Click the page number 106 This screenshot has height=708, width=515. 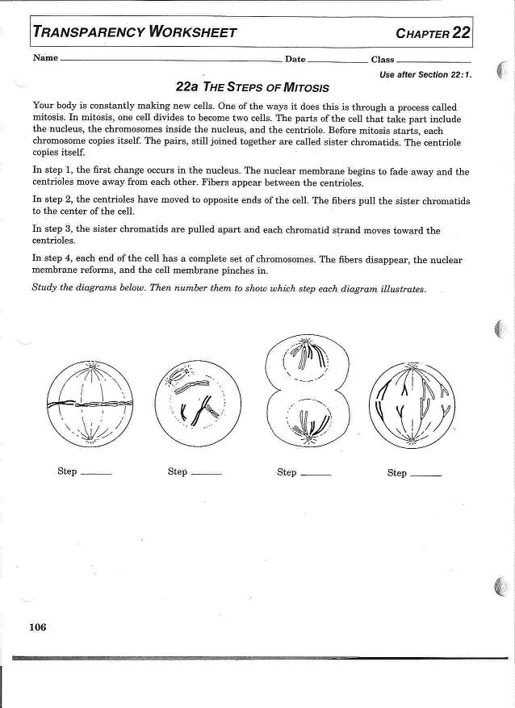37,627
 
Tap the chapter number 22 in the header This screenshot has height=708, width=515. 461,32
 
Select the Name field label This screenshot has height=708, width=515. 45,58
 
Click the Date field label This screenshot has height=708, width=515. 295,59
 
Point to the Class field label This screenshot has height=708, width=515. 383,59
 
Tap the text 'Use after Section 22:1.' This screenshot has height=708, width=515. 425,74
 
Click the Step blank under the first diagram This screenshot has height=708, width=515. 97,473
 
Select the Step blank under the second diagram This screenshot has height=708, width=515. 207,473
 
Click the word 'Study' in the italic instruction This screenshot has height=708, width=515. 44,288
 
